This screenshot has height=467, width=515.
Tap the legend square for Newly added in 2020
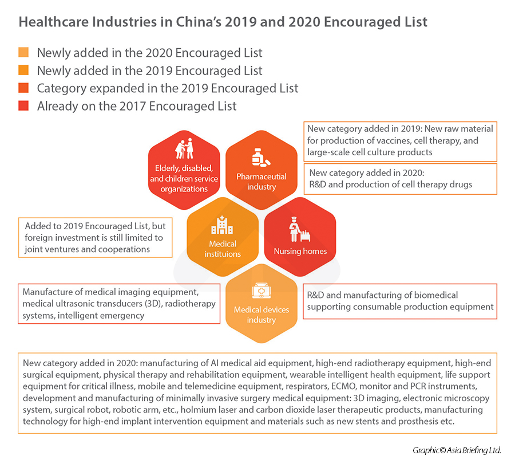click(x=23, y=53)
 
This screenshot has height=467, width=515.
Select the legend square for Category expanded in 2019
click(x=23, y=89)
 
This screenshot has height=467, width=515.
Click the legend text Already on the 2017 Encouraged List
click(x=137, y=106)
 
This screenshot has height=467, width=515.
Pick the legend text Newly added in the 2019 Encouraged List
click(x=149, y=71)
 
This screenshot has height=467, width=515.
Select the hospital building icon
click(x=221, y=226)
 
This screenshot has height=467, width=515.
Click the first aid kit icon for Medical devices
click(x=260, y=293)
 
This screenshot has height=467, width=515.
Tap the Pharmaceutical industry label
click(x=262, y=182)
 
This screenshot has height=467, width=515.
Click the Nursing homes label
click(x=300, y=251)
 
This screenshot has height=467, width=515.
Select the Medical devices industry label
click(x=261, y=315)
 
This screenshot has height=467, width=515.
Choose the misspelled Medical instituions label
click(x=222, y=249)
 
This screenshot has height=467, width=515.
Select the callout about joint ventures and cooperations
click(x=94, y=237)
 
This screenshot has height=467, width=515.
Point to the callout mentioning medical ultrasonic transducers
click(x=118, y=304)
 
